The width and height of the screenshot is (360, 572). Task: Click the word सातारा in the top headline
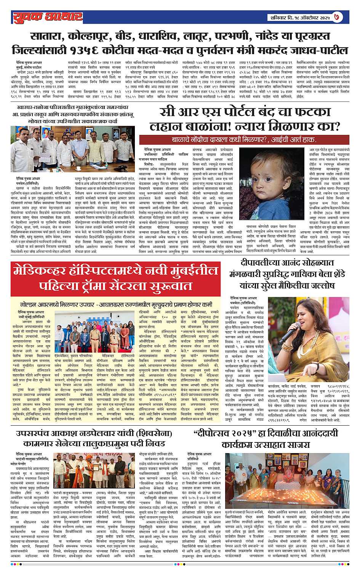tap(47, 37)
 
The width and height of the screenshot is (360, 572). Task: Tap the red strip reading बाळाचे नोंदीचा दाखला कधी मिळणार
tap(244, 139)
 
